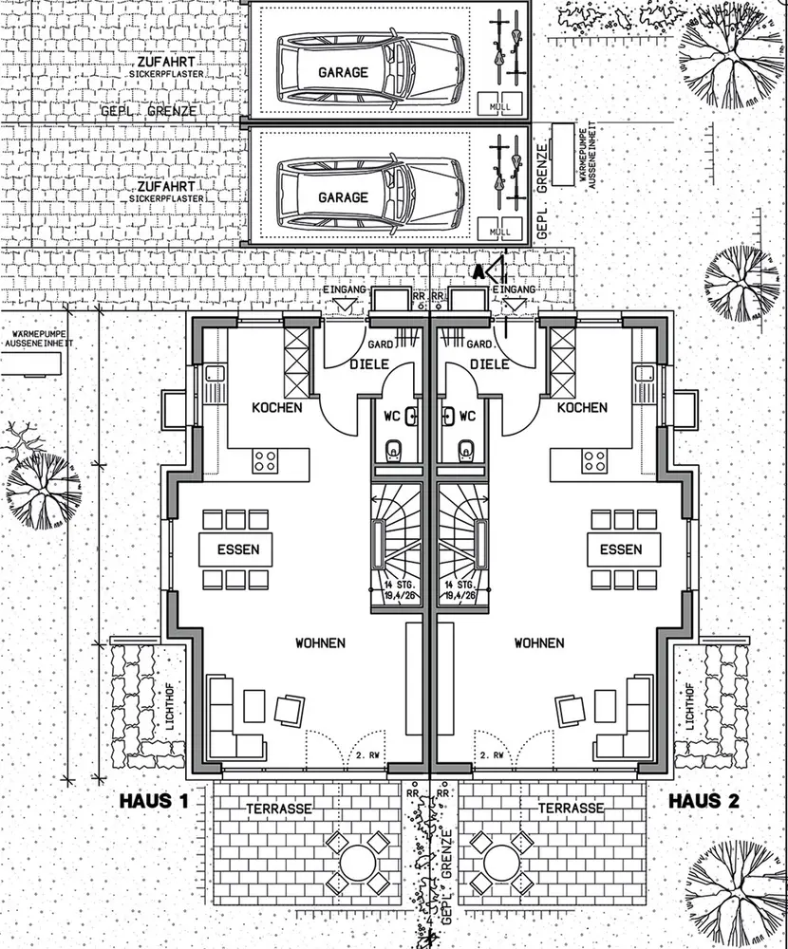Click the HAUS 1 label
coord(155,801)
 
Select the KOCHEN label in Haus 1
coord(276,407)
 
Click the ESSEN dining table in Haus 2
coord(620,549)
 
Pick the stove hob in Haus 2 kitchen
coord(595,461)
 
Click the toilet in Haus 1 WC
coord(394,449)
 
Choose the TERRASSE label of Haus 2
coord(572,808)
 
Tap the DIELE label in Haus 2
coord(490,363)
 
